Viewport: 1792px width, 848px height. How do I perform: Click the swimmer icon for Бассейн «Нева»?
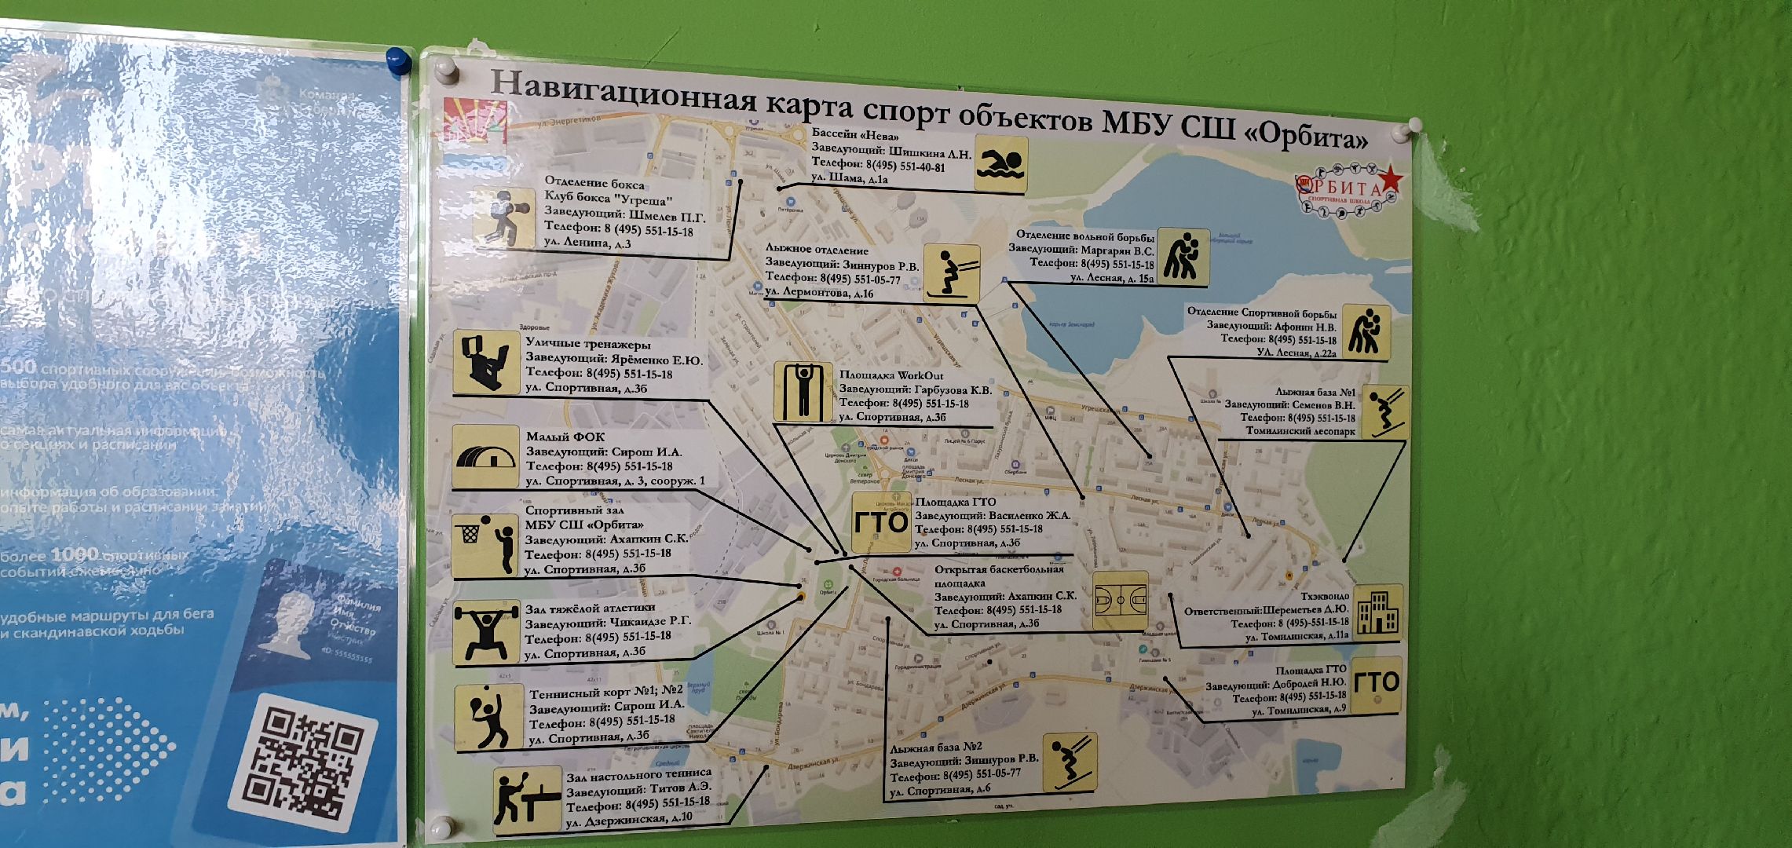click(x=1000, y=164)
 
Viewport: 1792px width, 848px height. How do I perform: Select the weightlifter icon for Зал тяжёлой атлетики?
click(x=487, y=632)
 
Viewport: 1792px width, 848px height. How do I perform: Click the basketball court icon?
click(x=1120, y=601)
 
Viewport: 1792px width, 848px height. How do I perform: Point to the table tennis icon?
click(x=527, y=800)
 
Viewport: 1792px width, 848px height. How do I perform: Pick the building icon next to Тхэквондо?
click(x=1378, y=612)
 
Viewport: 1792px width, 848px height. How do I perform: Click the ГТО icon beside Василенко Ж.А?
click(x=881, y=522)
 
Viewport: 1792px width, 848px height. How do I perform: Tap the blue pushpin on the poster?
click(x=399, y=60)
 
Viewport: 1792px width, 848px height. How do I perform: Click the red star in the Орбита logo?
click(x=1391, y=179)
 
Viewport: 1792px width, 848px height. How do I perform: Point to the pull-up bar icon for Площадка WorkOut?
click(x=803, y=391)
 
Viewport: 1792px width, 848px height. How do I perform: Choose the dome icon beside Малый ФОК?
click(x=485, y=457)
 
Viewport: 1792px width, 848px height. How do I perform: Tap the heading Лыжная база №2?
click(x=935, y=747)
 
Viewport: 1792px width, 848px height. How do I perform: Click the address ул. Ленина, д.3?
click(x=587, y=243)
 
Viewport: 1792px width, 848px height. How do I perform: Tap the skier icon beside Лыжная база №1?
click(x=1384, y=411)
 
